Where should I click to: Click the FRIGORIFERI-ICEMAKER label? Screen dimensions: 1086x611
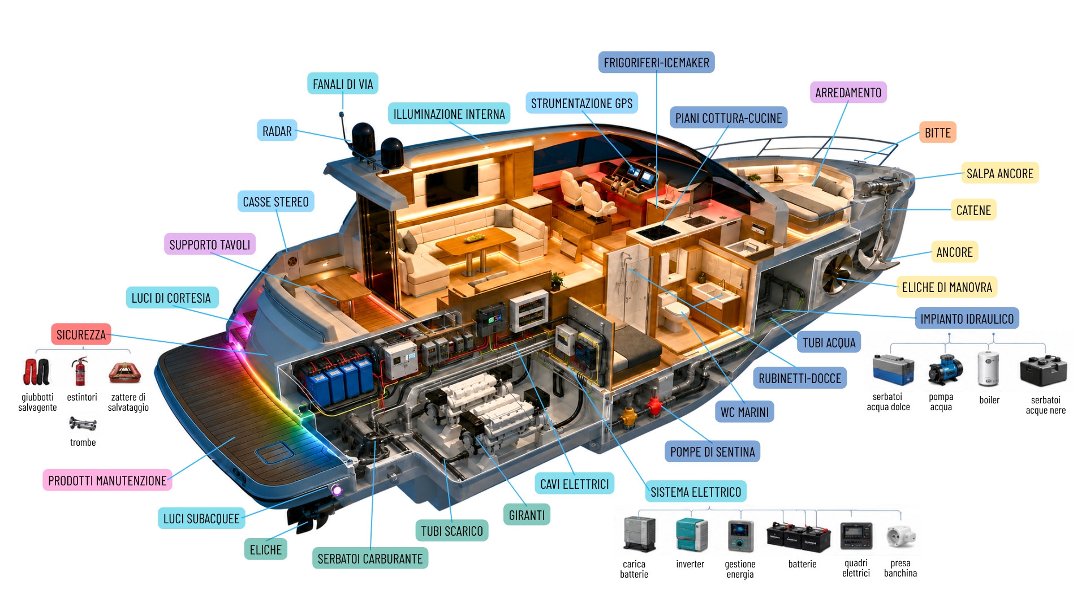pos(656,62)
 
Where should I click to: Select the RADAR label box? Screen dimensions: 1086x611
pos(277,131)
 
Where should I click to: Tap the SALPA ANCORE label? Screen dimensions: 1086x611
pos(1000,173)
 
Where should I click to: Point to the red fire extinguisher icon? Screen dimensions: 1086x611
pos(81,371)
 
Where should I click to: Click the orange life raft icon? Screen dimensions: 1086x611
pos(124,372)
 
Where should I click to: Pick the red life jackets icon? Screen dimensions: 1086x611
pos(37,372)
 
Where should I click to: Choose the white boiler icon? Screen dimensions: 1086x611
pos(988,369)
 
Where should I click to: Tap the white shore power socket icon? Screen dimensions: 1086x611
pos(901,536)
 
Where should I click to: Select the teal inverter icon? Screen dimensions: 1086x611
pos(692,535)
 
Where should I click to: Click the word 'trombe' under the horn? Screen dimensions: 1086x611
pos(83,442)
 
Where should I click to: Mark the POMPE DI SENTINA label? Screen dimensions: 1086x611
pos(713,451)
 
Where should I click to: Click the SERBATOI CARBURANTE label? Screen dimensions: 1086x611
pos(370,558)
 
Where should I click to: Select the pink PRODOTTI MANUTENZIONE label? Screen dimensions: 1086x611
pos(107,480)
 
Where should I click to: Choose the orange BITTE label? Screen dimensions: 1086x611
pos(938,132)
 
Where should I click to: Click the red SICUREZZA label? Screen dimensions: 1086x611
pos(81,334)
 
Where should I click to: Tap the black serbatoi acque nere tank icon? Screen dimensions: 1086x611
pos(1044,371)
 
